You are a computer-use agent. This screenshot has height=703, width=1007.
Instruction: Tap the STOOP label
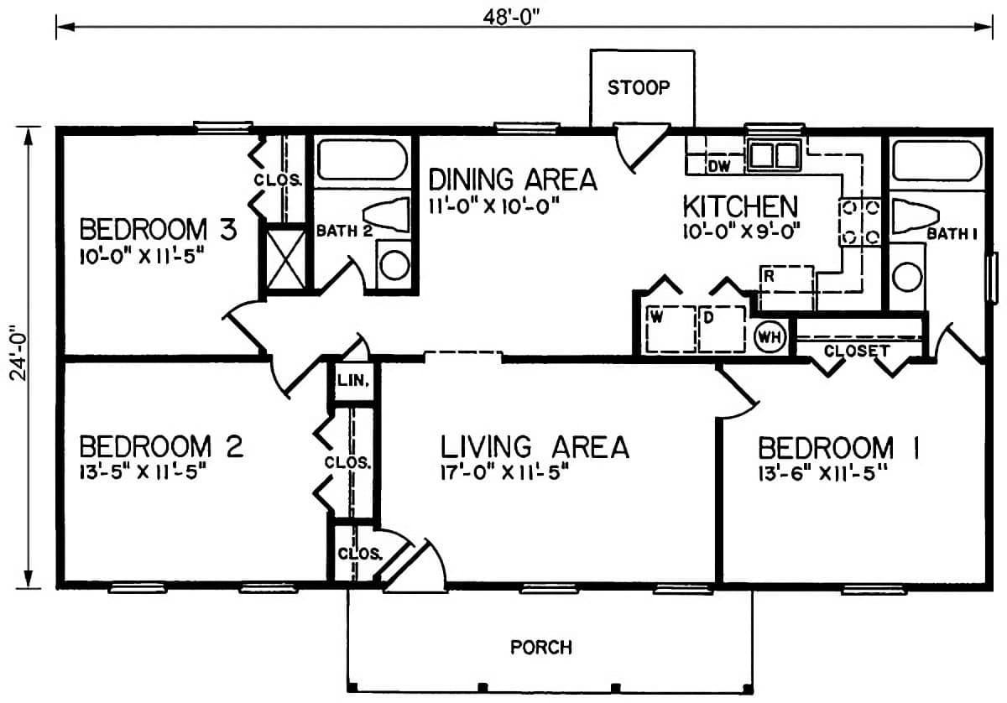pyautogui.click(x=641, y=87)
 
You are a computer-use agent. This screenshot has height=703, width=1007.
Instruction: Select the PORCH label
pyautogui.click(x=541, y=648)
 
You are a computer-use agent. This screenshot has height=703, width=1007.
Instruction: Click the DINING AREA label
pyautogui.click(x=513, y=180)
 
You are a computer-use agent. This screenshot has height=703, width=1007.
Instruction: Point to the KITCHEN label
pyautogui.click(x=738, y=205)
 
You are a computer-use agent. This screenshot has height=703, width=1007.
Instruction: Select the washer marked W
pyautogui.click(x=668, y=329)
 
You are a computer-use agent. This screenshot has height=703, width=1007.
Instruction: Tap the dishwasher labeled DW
pyautogui.click(x=718, y=166)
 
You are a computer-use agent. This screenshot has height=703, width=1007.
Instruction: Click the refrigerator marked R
pyautogui.click(x=786, y=287)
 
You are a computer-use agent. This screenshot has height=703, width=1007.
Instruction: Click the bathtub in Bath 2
pyautogui.click(x=362, y=160)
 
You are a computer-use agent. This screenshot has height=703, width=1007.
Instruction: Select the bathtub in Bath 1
pyautogui.click(x=936, y=160)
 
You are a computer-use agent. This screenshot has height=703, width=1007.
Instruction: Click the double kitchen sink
pyautogui.click(x=774, y=155)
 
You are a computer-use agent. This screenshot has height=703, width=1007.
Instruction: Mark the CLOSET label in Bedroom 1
pyautogui.click(x=856, y=351)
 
